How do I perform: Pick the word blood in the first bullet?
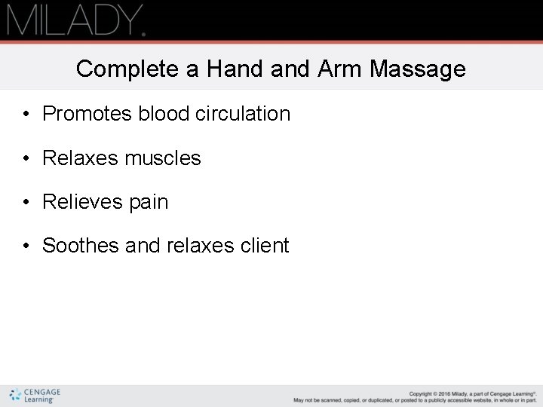coord(164,114)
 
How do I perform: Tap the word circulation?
coord(243,114)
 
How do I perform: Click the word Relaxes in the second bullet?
coord(81,158)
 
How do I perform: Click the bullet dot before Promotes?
coord(26,115)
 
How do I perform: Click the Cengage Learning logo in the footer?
coord(35,396)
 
